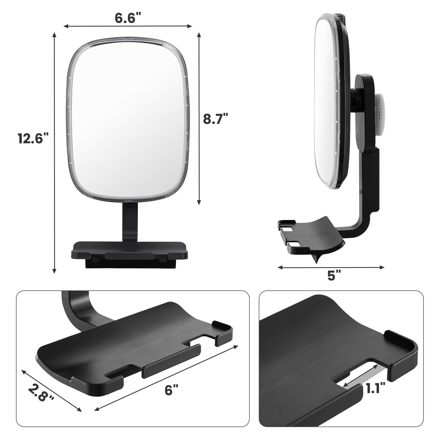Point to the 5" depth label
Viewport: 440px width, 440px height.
coord(334,276)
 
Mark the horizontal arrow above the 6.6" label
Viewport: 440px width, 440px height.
coord(128,26)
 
